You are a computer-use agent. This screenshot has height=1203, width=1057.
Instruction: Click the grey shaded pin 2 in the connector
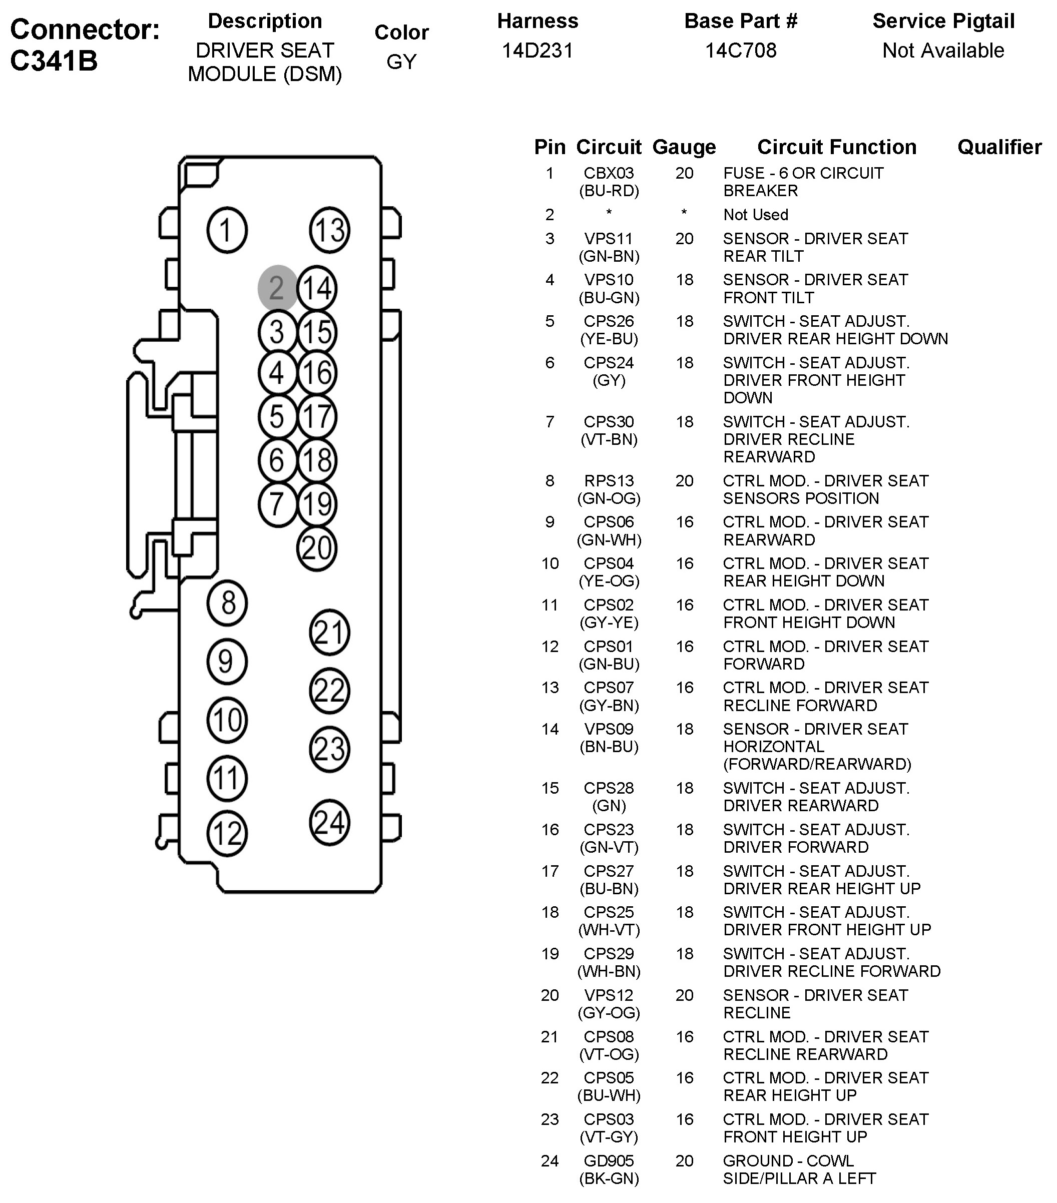point(277,288)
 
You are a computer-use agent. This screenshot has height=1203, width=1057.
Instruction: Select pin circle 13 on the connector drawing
point(330,230)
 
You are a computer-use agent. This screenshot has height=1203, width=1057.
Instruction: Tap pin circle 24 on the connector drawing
point(330,822)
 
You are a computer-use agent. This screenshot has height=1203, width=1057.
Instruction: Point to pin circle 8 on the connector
point(227,603)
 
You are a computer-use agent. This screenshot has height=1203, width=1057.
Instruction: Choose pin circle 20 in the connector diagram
point(317,548)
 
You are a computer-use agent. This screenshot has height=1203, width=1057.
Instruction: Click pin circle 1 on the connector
point(227,230)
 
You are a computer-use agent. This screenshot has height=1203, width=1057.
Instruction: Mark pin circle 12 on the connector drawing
point(227,833)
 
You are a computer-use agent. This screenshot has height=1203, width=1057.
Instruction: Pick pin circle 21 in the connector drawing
point(330,633)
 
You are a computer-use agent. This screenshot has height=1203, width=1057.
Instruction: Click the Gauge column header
point(684,147)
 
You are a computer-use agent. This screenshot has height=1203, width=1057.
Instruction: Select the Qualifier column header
point(999,147)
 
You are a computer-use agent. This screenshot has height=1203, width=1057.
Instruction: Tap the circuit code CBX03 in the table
point(609,174)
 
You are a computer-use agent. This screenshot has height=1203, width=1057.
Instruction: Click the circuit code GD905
point(609,1161)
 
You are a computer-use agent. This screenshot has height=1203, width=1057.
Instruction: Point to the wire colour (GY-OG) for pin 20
point(609,1013)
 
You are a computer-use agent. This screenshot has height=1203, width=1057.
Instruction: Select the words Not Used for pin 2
point(756,215)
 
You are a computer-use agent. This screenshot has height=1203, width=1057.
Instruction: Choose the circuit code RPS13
point(609,481)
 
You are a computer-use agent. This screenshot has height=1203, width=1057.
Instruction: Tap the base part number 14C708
point(740,51)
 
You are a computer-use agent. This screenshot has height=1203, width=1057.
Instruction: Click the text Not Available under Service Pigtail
point(943,51)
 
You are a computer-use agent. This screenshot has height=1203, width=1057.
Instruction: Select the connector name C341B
point(54,61)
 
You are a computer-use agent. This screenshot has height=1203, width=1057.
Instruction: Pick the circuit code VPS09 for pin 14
point(609,729)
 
